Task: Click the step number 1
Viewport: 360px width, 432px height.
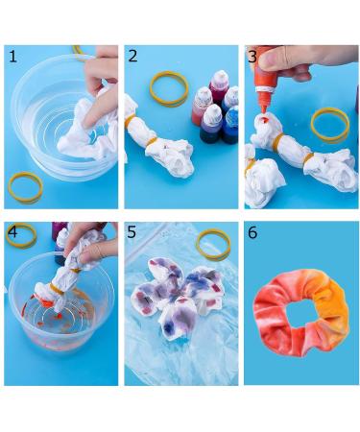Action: (12, 57)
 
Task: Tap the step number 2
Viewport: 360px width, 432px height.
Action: (132, 57)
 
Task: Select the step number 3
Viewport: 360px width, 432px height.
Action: (252, 57)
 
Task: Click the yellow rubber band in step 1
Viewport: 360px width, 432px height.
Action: (25, 187)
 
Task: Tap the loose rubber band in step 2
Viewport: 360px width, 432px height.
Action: (169, 89)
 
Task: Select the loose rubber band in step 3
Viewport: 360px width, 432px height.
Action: (329, 124)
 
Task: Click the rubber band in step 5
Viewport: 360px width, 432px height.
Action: (213, 244)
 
